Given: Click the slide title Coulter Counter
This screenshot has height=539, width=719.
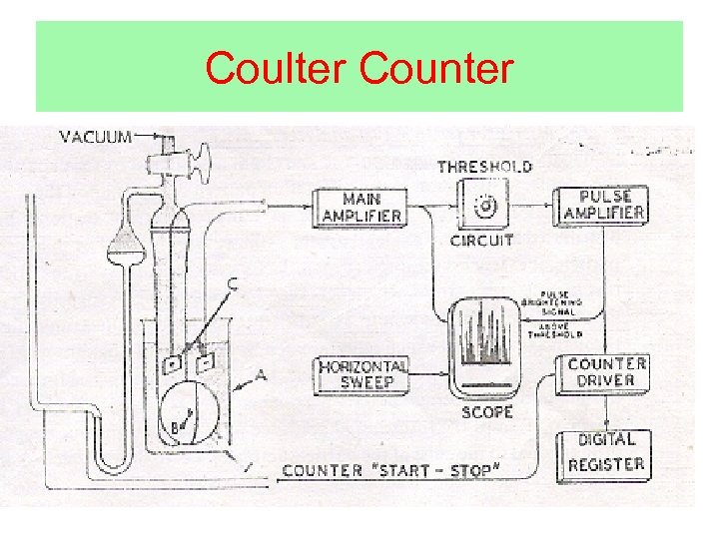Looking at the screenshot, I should (359, 69).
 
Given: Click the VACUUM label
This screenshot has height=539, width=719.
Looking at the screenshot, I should (96, 137).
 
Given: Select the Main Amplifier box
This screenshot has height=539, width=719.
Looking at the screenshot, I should (359, 207).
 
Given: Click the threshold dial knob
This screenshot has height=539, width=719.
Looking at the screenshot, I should (485, 207).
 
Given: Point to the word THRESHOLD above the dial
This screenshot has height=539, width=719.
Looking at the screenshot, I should (484, 167).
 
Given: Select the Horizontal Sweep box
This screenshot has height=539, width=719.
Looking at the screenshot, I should (362, 374).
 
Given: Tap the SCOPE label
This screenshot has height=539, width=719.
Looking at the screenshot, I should (488, 411).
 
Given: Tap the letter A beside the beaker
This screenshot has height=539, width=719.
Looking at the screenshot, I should (262, 376).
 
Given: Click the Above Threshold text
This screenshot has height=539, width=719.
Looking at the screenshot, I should (560, 329).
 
